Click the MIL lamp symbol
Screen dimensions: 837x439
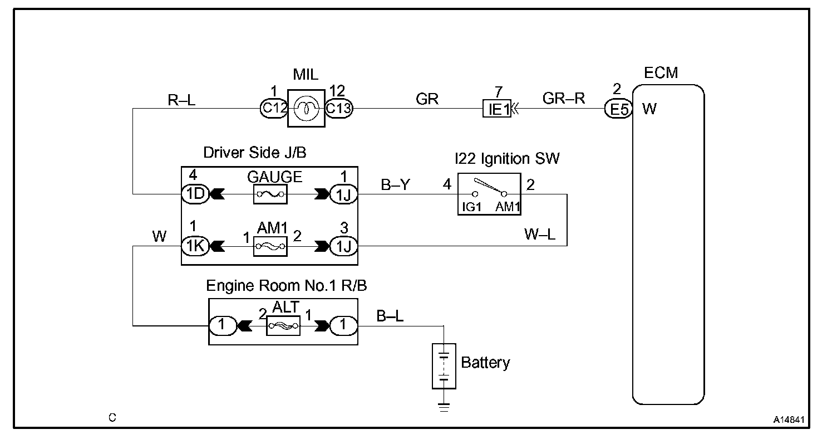pyautogui.click(x=306, y=109)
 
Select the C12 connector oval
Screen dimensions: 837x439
pyautogui.click(x=274, y=109)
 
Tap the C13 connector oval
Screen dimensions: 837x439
pyautogui.click(x=338, y=109)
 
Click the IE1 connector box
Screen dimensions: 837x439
pyautogui.click(x=496, y=109)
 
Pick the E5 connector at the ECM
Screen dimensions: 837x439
pyautogui.click(x=618, y=109)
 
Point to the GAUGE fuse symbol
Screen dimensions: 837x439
pyautogui.click(x=270, y=194)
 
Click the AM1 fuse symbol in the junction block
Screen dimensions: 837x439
pyautogui.click(x=270, y=246)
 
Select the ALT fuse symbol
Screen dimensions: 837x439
pyautogui.click(x=283, y=326)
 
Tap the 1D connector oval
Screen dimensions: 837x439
pyautogui.click(x=195, y=194)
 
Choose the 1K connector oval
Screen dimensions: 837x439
pyautogui.click(x=195, y=246)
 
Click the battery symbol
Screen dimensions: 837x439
pyautogui.click(x=444, y=366)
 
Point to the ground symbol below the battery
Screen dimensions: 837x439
pyautogui.click(x=444, y=407)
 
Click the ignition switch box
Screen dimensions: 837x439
pyautogui.click(x=490, y=194)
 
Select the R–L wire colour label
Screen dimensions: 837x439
pyautogui.click(x=181, y=100)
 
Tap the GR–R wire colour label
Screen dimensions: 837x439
pyautogui.click(x=564, y=99)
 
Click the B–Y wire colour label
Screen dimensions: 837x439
pyautogui.click(x=395, y=185)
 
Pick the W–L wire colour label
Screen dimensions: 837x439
pyautogui.click(x=540, y=234)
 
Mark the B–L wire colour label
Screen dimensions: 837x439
pyautogui.click(x=390, y=316)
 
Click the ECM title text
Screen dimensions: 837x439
pyautogui.click(x=661, y=72)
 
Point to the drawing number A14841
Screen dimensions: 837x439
pyautogui.click(x=789, y=420)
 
